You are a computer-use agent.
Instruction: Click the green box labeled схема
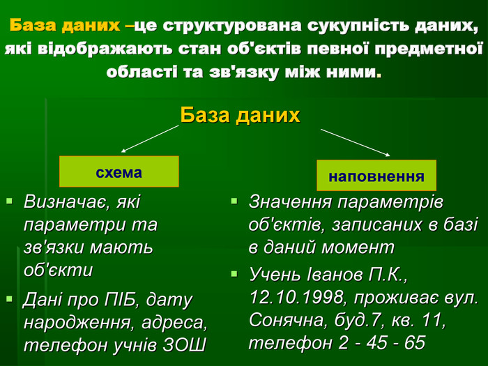119,171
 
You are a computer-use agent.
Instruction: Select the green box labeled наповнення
376,175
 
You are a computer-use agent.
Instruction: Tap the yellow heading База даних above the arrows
240,115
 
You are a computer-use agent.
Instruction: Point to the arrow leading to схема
150,139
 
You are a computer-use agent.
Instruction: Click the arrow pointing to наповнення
356,142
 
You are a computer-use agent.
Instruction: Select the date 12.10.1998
296,297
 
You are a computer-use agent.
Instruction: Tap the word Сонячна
287,320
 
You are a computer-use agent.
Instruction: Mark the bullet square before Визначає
9,201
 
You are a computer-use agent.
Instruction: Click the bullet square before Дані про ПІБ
9,299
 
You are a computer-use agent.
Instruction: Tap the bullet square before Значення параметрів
234,201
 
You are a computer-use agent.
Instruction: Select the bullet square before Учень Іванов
234,274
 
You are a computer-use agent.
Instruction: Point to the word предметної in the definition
429,49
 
